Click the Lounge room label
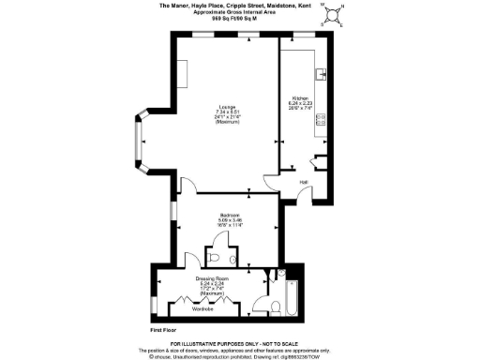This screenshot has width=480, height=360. pyautogui.click(x=228, y=105)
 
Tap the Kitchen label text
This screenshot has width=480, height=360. pyautogui.click(x=300, y=97)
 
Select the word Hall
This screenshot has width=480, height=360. pyautogui.click(x=304, y=181)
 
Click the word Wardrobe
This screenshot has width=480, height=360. pyautogui.click(x=203, y=308)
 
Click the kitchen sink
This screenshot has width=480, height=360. pyautogui.click(x=322, y=72)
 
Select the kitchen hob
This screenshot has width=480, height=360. pyautogui.click(x=322, y=119)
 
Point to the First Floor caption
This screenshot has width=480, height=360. pyautogui.click(x=164, y=330)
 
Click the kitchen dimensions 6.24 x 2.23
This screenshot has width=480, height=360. pyautogui.click(x=300, y=103)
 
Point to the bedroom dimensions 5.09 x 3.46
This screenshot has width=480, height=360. pyautogui.click(x=231, y=221)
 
